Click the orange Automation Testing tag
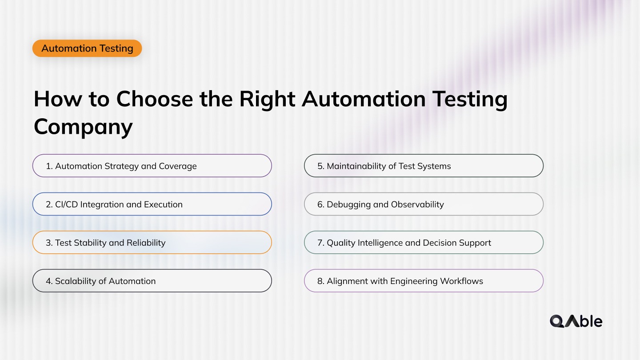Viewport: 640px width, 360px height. (x=87, y=48)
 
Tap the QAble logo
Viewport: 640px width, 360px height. (x=576, y=321)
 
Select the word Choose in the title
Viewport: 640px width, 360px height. (x=154, y=99)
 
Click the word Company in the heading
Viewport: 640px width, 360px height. (x=83, y=127)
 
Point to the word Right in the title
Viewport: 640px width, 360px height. (x=267, y=99)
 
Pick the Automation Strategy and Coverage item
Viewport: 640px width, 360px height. (x=152, y=166)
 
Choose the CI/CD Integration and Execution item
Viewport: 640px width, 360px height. (x=152, y=204)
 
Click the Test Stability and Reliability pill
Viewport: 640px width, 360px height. (x=152, y=243)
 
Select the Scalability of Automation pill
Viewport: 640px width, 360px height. (x=152, y=281)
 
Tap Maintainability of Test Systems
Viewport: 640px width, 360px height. (x=424, y=166)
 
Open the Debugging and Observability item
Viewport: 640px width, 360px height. (x=424, y=204)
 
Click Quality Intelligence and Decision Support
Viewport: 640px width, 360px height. (x=424, y=243)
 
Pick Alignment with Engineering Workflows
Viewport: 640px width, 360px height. (x=424, y=281)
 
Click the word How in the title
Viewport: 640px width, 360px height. (x=57, y=99)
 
